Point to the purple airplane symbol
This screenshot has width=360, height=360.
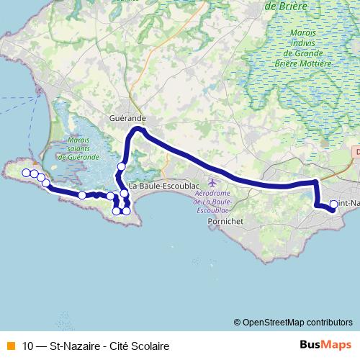click(212, 180)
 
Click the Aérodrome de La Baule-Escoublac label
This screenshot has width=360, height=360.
click(216, 194)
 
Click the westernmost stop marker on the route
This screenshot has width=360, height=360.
click(26, 172)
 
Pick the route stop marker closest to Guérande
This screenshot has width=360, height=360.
click(121, 166)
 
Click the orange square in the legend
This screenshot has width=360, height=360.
click(9, 345)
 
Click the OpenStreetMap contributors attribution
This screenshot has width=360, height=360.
click(297, 322)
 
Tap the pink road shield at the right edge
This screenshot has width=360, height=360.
click(357, 153)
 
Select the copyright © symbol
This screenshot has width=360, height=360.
click(237, 322)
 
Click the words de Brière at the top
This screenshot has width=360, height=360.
click(286, 6)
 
